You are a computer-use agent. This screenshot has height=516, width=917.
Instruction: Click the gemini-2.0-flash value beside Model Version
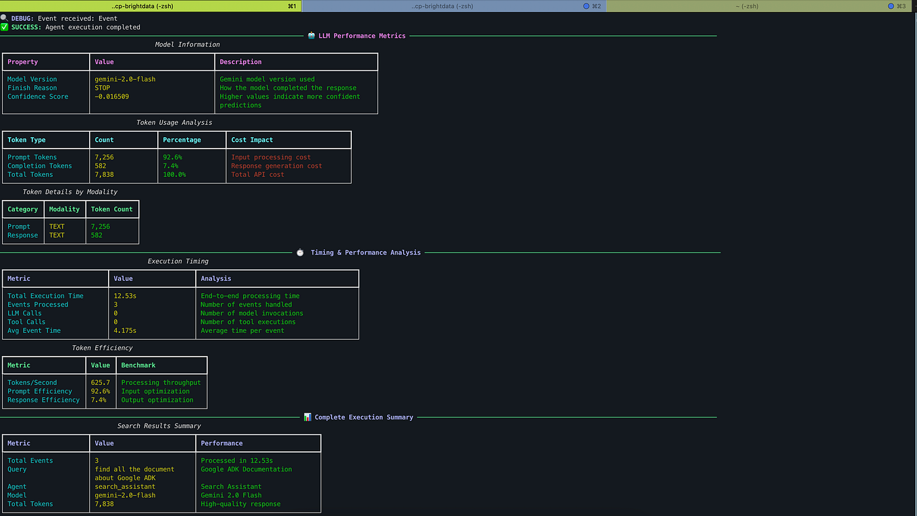(125, 79)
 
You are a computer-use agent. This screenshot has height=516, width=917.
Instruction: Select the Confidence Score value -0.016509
(112, 97)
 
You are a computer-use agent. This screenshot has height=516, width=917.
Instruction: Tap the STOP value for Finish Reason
(103, 88)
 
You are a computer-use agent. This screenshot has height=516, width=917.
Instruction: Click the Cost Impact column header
(252, 140)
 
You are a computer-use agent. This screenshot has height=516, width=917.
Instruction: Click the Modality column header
(64, 209)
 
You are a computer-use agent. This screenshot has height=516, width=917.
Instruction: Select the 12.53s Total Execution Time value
(126, 296)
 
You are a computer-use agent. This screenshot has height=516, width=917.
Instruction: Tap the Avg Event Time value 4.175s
(125, 331)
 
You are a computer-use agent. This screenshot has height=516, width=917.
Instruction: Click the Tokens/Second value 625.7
(100, 383)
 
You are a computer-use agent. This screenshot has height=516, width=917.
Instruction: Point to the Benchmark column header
(138, 365)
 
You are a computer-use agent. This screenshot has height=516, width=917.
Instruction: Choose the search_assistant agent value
(125, 487)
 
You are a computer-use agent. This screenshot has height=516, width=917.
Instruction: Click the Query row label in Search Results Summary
(17, 469)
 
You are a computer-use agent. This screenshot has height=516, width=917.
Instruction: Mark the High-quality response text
(240, 504)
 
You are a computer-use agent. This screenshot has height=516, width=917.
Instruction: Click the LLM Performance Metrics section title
(362, 36)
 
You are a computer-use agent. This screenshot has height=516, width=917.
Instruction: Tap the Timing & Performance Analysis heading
(365, 253)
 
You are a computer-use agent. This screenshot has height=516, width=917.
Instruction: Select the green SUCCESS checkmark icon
(5, 28)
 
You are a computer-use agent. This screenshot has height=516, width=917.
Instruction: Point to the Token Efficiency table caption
(103, 348)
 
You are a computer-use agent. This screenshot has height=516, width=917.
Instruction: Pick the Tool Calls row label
(26, 322)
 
